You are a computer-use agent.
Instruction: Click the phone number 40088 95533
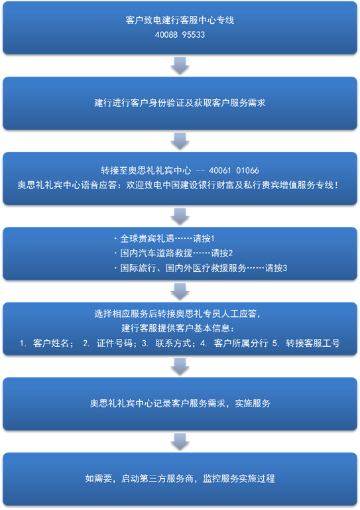pos(180,34)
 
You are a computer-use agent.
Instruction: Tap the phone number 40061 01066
pos(234,170)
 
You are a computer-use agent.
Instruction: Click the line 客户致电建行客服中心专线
pos(180,20)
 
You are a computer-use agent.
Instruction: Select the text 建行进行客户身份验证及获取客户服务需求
pos(180,103)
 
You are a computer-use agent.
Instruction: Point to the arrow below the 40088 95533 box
pos(180,66)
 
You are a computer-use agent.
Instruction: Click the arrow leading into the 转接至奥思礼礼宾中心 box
pos(180,141)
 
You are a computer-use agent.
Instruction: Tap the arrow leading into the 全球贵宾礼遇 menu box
pos(180,216)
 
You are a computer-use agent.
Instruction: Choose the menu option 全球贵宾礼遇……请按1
pos(164,238)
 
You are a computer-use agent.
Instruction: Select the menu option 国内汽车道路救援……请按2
pos(174,253)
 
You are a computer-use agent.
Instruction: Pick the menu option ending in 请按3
pos(201,268)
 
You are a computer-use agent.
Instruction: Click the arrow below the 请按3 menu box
pos(180,291)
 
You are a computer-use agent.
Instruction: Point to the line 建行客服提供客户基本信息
pos(178,328)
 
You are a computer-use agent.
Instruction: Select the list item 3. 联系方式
pos(169,343)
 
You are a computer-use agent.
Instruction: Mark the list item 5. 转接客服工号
pos(306,343)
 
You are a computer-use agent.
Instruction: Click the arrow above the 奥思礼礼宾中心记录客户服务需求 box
pos(180,367)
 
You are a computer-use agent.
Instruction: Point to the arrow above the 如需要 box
pos(180,442)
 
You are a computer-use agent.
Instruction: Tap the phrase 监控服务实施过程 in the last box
pos(239,478)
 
